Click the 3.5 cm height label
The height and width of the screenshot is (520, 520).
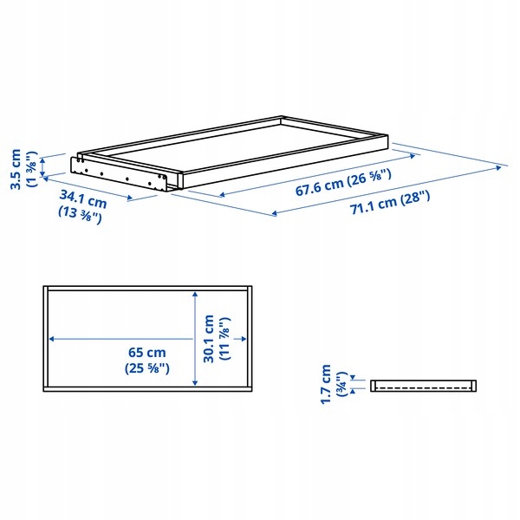pos(16,169)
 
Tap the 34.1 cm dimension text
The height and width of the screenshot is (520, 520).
pos(83,199)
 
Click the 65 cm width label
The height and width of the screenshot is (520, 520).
pos(147,352)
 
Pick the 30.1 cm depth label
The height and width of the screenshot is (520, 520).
pos(209,339)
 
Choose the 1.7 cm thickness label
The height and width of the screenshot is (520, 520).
pos(326,384)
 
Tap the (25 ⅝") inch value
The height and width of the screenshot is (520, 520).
pos(147,368)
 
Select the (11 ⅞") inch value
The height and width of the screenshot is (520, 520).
pos(224,339)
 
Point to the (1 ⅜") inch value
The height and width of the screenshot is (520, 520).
pos(32,169)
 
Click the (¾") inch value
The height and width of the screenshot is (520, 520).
pos(341,384)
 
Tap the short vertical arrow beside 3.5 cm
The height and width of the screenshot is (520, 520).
pos(42,167)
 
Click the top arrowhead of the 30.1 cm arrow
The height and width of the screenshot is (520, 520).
pos(195,295)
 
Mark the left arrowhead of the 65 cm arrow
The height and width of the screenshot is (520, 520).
pos(52,339)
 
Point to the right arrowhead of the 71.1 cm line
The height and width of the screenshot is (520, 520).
pos(498,168)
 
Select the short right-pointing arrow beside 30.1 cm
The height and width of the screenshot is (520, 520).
pos(240,339)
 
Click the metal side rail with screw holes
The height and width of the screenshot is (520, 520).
pos(120,174)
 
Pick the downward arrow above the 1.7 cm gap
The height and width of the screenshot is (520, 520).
pos(353,377)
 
